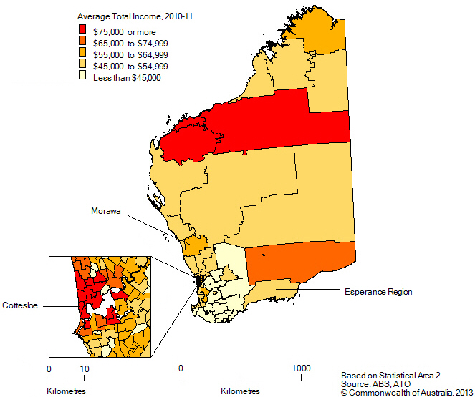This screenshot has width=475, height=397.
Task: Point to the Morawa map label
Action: [105, 211]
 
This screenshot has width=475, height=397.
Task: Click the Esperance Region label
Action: [378, 292]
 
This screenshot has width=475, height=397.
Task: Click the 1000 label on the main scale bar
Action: [301, 368]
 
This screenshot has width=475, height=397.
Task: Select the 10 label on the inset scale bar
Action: [84, 368]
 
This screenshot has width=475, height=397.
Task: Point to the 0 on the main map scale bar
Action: [181, 368]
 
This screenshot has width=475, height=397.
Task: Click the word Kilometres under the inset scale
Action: [66, 391]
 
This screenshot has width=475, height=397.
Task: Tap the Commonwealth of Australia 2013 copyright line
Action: [406, 392]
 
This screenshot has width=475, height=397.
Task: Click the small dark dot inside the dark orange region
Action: [264, 254]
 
